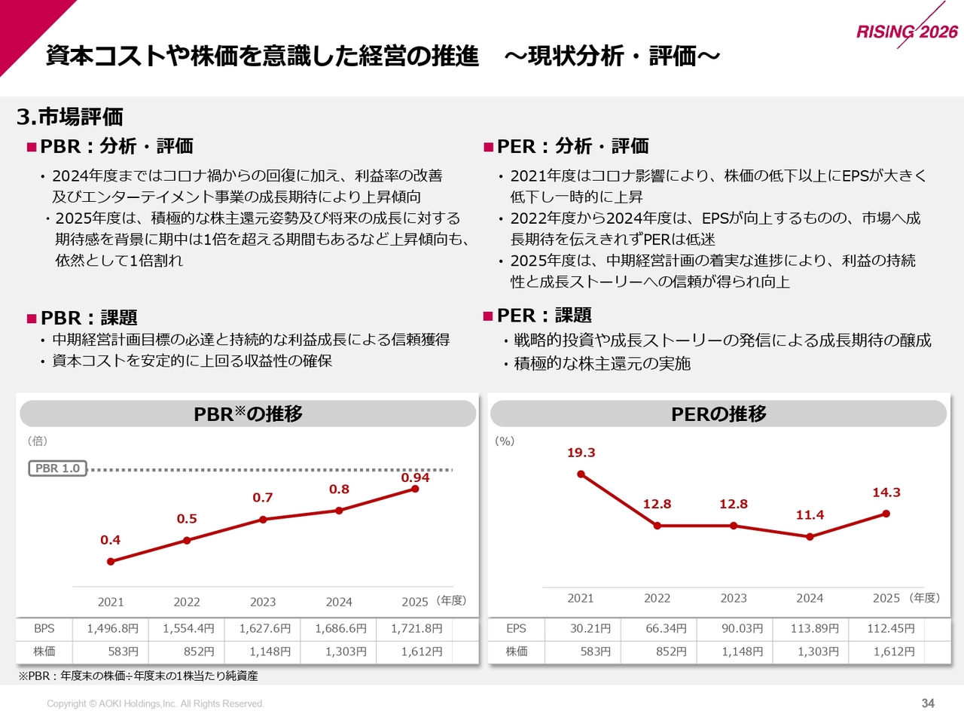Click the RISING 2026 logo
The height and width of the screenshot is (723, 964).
(x=907, y=31)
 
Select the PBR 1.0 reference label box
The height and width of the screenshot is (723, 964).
(x=57, y=468)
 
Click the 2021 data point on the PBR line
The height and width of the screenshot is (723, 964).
(x=111, y=562)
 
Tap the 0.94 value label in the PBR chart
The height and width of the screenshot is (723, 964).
(x=415, y=477)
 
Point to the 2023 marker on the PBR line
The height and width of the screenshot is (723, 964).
(x=263, y=520)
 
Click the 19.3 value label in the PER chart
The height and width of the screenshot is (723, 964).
(x=581, y=453)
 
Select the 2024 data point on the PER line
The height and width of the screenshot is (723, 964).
(x=810, y=537)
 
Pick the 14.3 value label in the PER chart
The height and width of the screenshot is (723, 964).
(x=886, y=493)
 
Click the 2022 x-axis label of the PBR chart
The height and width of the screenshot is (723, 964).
(x=187, y=602)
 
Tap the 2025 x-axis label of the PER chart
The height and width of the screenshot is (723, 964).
(x=886, y=598)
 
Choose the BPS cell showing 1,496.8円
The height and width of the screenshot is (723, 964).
(x=112, y=629)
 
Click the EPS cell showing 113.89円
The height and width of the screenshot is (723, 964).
(x=815, y=629)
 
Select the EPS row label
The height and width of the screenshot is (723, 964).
(x=516, y=629)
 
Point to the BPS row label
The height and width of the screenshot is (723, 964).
(x=44, y=629)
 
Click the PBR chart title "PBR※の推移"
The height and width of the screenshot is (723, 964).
(x=248, y=413)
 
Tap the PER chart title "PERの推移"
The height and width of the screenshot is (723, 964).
(x=718, y=413)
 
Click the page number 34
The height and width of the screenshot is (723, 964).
(x=928, y=703)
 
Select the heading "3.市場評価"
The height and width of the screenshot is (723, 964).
(x=70, y=117)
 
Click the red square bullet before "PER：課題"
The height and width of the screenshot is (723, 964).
(x=487, y=316)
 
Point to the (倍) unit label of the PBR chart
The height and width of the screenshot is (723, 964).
(x=38, y=441)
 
